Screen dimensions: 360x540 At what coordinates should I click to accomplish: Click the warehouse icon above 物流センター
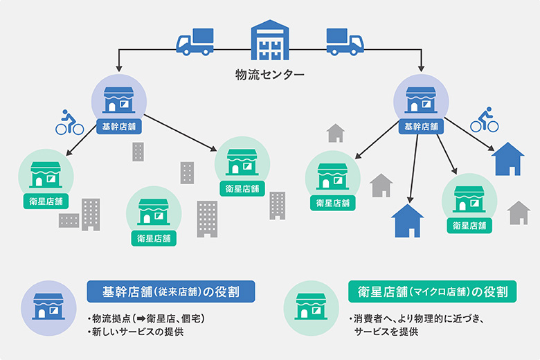click(270, 41)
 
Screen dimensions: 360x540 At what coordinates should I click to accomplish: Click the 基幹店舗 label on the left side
click(118, 127)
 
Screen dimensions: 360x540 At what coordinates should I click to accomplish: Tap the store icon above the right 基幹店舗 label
click(422, 100)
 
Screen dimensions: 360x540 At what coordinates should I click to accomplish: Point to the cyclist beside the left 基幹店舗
click(69, 123)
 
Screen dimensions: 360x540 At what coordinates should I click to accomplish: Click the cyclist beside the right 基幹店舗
click(485, 120)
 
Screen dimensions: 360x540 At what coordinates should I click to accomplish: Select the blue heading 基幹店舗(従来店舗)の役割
click(171, 291)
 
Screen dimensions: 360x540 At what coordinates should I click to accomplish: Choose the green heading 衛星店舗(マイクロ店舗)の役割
click(432, 291)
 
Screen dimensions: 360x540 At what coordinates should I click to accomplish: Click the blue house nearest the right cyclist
click(507, 159)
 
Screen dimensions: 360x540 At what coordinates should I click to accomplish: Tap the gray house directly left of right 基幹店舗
click(336, 133)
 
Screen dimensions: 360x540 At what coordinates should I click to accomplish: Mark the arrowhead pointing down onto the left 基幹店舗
click(118, 69)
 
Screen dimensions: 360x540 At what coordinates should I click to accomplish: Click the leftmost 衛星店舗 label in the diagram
click(42, 202)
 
